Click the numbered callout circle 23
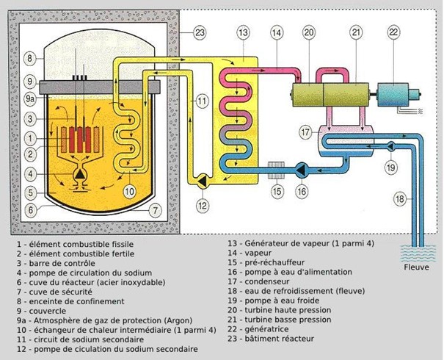200,32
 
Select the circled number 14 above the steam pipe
275,32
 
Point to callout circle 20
308,32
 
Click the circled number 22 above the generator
394,32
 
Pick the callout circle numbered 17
305,132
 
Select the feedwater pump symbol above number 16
301,169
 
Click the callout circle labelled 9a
29,96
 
